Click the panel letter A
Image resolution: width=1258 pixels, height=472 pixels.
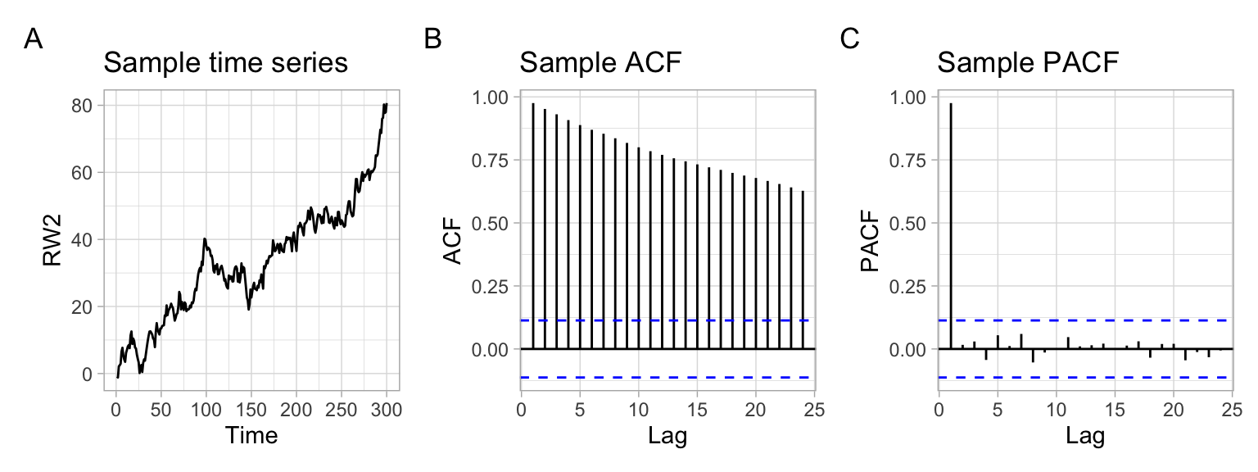point(34,39)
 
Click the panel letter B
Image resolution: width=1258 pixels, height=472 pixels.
point(433,39)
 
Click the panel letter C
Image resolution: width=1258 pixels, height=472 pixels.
point(851,39)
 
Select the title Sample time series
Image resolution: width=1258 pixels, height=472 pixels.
point(225,63)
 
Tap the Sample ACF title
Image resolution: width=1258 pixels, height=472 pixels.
point(600,63)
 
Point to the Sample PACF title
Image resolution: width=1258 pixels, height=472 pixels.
point(1028,63)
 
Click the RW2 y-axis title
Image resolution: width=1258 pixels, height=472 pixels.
point(53,239)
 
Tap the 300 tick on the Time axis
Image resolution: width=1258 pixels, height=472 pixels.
point(387,408)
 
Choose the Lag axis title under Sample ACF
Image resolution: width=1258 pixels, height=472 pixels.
point(667,435)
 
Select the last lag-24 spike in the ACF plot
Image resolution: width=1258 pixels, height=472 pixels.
point(803,270)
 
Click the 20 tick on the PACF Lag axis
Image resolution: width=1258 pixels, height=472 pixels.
point(1174,408)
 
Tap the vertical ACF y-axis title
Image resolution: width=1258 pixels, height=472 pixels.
point(453,240)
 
